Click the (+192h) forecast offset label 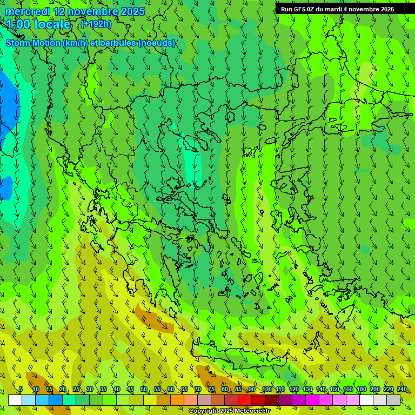[x=96, y=24]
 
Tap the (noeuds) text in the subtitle [x=157, y=43]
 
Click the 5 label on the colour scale [x=21, y=389]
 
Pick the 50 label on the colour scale [x=144, y=389]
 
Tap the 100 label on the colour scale [x=267, y=389]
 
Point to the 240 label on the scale [x=402, y=389]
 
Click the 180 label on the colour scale [x=362, y=389]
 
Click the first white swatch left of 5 [x=15, y=400]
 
